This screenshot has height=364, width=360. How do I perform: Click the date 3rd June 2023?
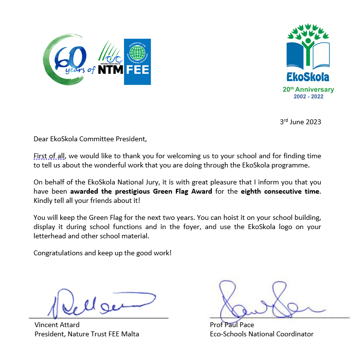pyautogui.click(x=300, y=122)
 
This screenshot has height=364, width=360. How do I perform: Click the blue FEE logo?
pyautogui.click(x=137, y=62)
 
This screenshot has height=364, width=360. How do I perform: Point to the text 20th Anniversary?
pyautogui.click(x=308, y=89)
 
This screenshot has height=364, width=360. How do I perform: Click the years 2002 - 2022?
pyautogui.click(x=308, y=97)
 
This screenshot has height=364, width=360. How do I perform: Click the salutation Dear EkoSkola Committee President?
pyautogui.click(x=90, y=139)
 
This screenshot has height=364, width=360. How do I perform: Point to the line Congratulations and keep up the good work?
pyautogui.click(x=103, y=253)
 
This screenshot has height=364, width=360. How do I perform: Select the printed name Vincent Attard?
pyautogui.click(x=57, y=325)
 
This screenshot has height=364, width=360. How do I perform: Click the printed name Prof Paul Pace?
pyautogui.click(x=232, y=325)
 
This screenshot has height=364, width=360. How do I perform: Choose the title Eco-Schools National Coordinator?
pyautogui.click(x=261, y=334)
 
